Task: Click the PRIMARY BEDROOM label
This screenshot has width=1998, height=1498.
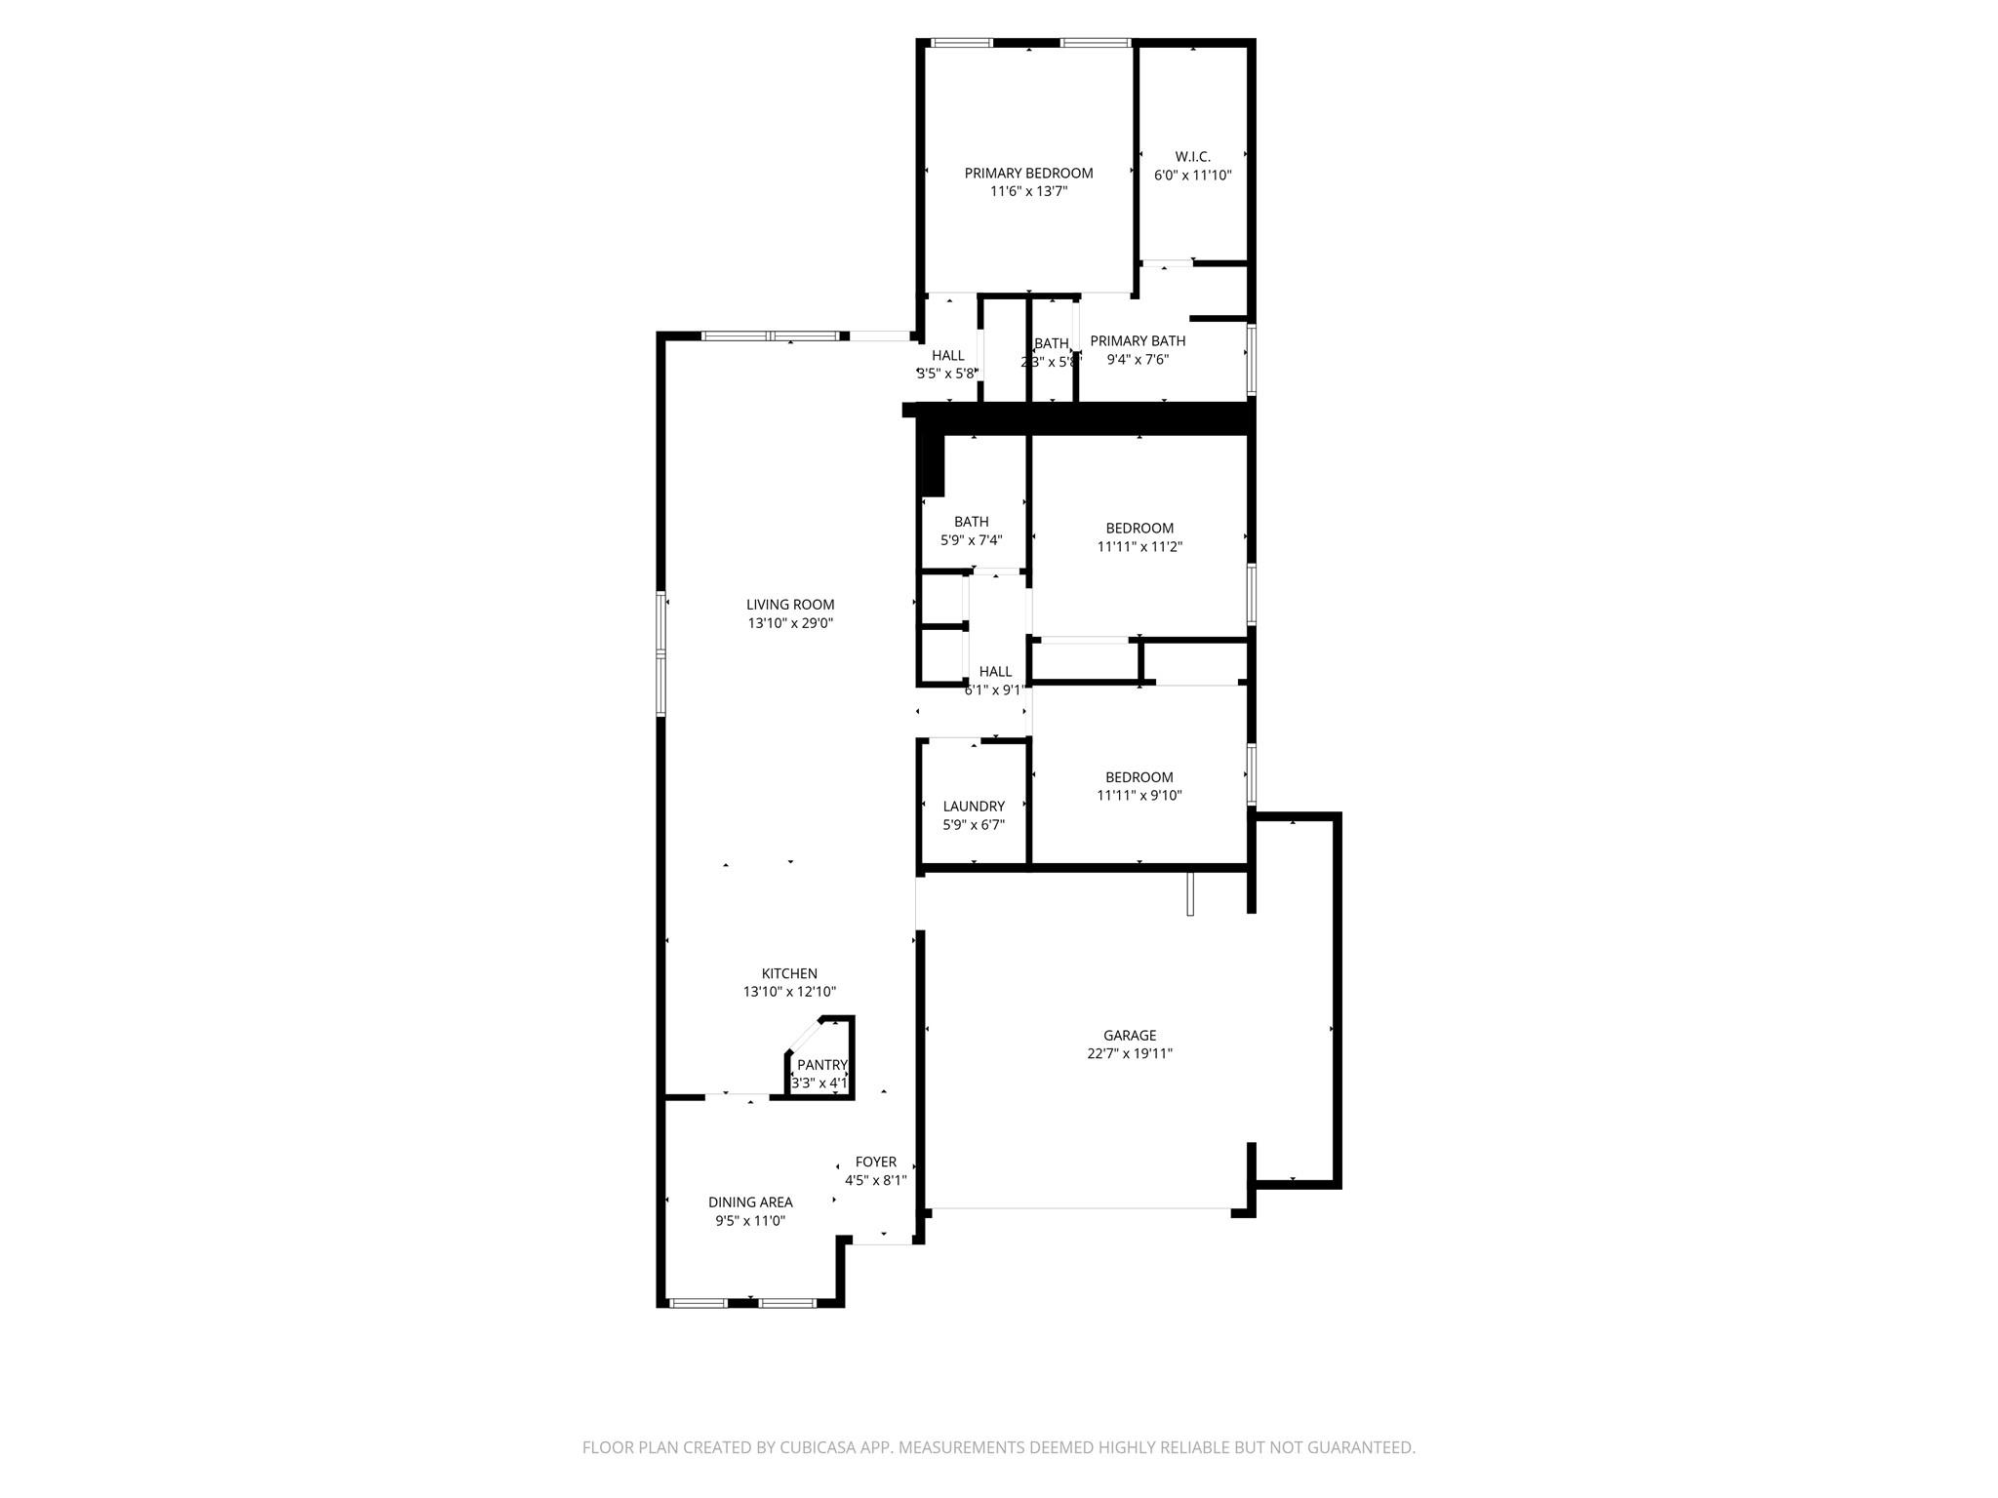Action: pyautogui.click(x=1028, y=174)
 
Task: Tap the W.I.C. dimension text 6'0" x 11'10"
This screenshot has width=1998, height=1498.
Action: pyautogui.click(x=1192, y=177)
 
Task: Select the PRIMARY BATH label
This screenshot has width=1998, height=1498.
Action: pyautogui.click(x=1138, y=341)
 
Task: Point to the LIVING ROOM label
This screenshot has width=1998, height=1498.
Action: pyautogui.click(x=790, y=605)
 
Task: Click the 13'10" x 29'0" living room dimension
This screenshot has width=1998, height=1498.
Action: pyautogui.click(x=790, y=623)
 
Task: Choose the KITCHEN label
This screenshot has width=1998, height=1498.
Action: pyautogui.click(x=789, y=973)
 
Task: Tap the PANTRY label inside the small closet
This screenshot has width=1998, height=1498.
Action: pyautogui.click(x=821, y=1065)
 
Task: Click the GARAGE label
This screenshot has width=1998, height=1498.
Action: pyautogui.click(x=1130, y=1036)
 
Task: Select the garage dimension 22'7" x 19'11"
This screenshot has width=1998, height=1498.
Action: pyautogui.click(x=1130, y=1054)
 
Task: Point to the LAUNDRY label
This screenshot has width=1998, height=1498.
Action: pyautogui.click(x=974, y=807)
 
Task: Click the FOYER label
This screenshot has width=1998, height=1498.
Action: pyautogui.click(x=875, y=1163)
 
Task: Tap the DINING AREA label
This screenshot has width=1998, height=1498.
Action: pyautogui.click(x=750, y=1202)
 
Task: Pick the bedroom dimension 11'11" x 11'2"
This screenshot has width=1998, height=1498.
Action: pyautogui.click(x=1139, y=547)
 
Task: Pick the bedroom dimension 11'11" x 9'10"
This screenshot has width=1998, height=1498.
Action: pyautogui.click(x=1139, y=796)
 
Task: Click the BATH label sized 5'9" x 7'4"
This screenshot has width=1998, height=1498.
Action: pyautogui.click(x=971, y=522)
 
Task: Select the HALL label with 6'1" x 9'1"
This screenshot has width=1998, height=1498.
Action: pyautogui.click(x=995, y=672)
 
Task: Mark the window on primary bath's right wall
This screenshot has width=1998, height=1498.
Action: pyautogui.click(x=1251, y=359)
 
